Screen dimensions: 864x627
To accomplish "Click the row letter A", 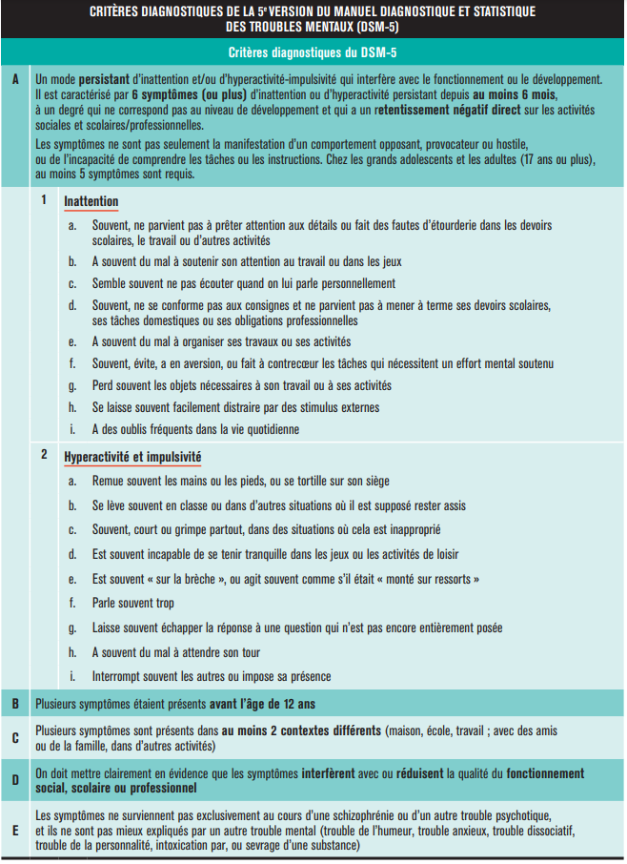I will tap(15, 77).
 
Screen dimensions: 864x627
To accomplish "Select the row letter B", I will tap(15, 704).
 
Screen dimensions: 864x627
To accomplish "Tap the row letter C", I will tap(15, 737).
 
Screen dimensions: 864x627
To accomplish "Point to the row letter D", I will tap(15, 780).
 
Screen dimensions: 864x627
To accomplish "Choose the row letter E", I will tap(15, 830).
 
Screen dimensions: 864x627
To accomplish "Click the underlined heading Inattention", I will tap(91, 201).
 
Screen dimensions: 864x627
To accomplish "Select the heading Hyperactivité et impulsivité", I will tap(132, 456).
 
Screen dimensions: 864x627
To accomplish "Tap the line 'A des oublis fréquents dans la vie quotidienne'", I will tap(195, 429).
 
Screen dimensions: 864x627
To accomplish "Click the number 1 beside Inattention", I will tap(45, 201).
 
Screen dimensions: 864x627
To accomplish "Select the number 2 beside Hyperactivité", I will tap(45, 455).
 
